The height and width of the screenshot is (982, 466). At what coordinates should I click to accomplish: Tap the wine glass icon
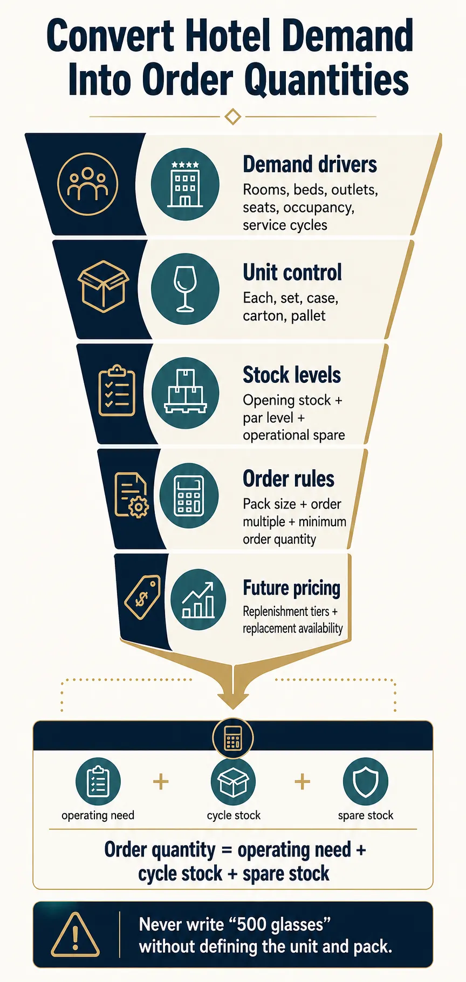coord(185,288)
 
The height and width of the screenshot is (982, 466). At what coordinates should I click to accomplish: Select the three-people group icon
coord(87,184)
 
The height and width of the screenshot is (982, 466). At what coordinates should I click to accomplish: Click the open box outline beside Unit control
coord(103,286)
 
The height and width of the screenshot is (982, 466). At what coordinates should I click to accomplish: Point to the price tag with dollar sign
coord(143,597)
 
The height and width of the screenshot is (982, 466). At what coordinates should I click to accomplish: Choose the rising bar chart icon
coord(198,600)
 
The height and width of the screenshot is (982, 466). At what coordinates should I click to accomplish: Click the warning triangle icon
coord(75,935)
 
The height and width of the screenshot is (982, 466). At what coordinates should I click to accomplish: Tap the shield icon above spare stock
coord(365,781)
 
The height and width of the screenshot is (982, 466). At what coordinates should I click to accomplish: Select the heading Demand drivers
coord(310,164)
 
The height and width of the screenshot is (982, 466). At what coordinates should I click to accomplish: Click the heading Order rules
coord(289,478)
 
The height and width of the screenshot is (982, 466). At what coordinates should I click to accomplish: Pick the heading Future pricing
coord(291,588)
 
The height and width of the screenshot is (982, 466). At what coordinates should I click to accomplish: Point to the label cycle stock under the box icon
coord(234,815)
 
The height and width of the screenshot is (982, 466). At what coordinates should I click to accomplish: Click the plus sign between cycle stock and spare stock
coord(303,781)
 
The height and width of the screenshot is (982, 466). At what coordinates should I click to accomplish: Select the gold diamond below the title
coord(232,116)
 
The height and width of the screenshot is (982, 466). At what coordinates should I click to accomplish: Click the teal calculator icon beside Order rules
coord(188,495)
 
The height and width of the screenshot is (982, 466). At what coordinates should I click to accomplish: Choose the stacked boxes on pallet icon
coord(185,392)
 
